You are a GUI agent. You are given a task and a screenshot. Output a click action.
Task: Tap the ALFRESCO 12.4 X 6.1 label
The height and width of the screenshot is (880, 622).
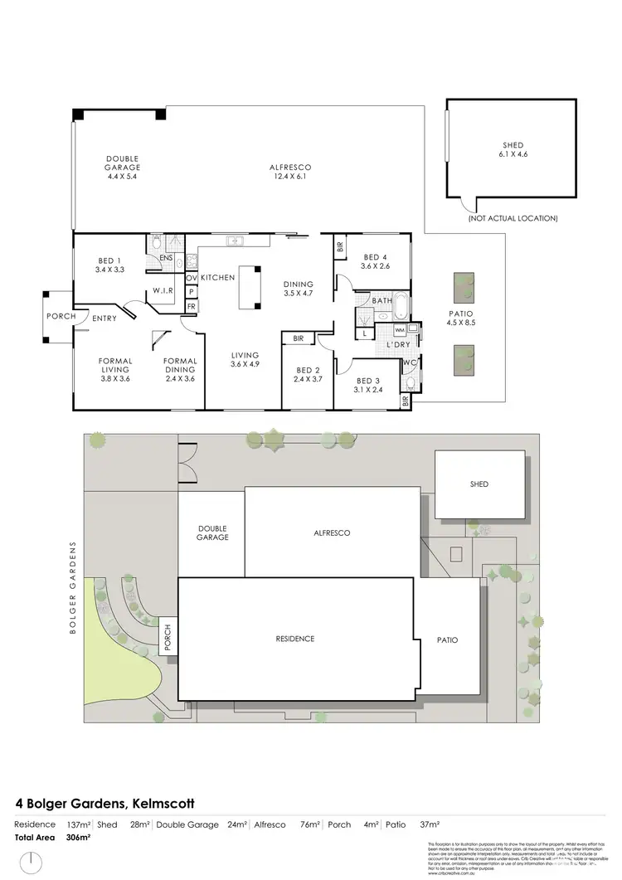(289, 172)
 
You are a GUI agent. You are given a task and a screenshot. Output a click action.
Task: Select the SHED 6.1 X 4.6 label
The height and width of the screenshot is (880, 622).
(512, 149)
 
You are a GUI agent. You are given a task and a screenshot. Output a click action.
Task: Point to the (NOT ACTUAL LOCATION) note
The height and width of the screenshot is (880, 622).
(513, 218)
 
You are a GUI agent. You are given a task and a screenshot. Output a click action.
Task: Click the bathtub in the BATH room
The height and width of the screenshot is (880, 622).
(400, 307)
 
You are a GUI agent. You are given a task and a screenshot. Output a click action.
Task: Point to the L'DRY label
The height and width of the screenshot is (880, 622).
(399, 344)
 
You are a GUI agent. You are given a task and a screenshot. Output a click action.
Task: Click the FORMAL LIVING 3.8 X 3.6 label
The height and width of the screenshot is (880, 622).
(114, 370)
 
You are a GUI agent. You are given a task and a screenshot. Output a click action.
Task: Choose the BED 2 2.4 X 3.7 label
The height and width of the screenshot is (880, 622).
(307, 375)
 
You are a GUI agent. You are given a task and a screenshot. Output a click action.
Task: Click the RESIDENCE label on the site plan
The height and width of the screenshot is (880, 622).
(295, 639)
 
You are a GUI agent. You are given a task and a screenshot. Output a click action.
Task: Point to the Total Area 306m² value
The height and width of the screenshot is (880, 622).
(78, 838)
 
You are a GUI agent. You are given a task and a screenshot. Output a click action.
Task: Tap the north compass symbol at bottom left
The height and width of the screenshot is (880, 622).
(32, 863)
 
